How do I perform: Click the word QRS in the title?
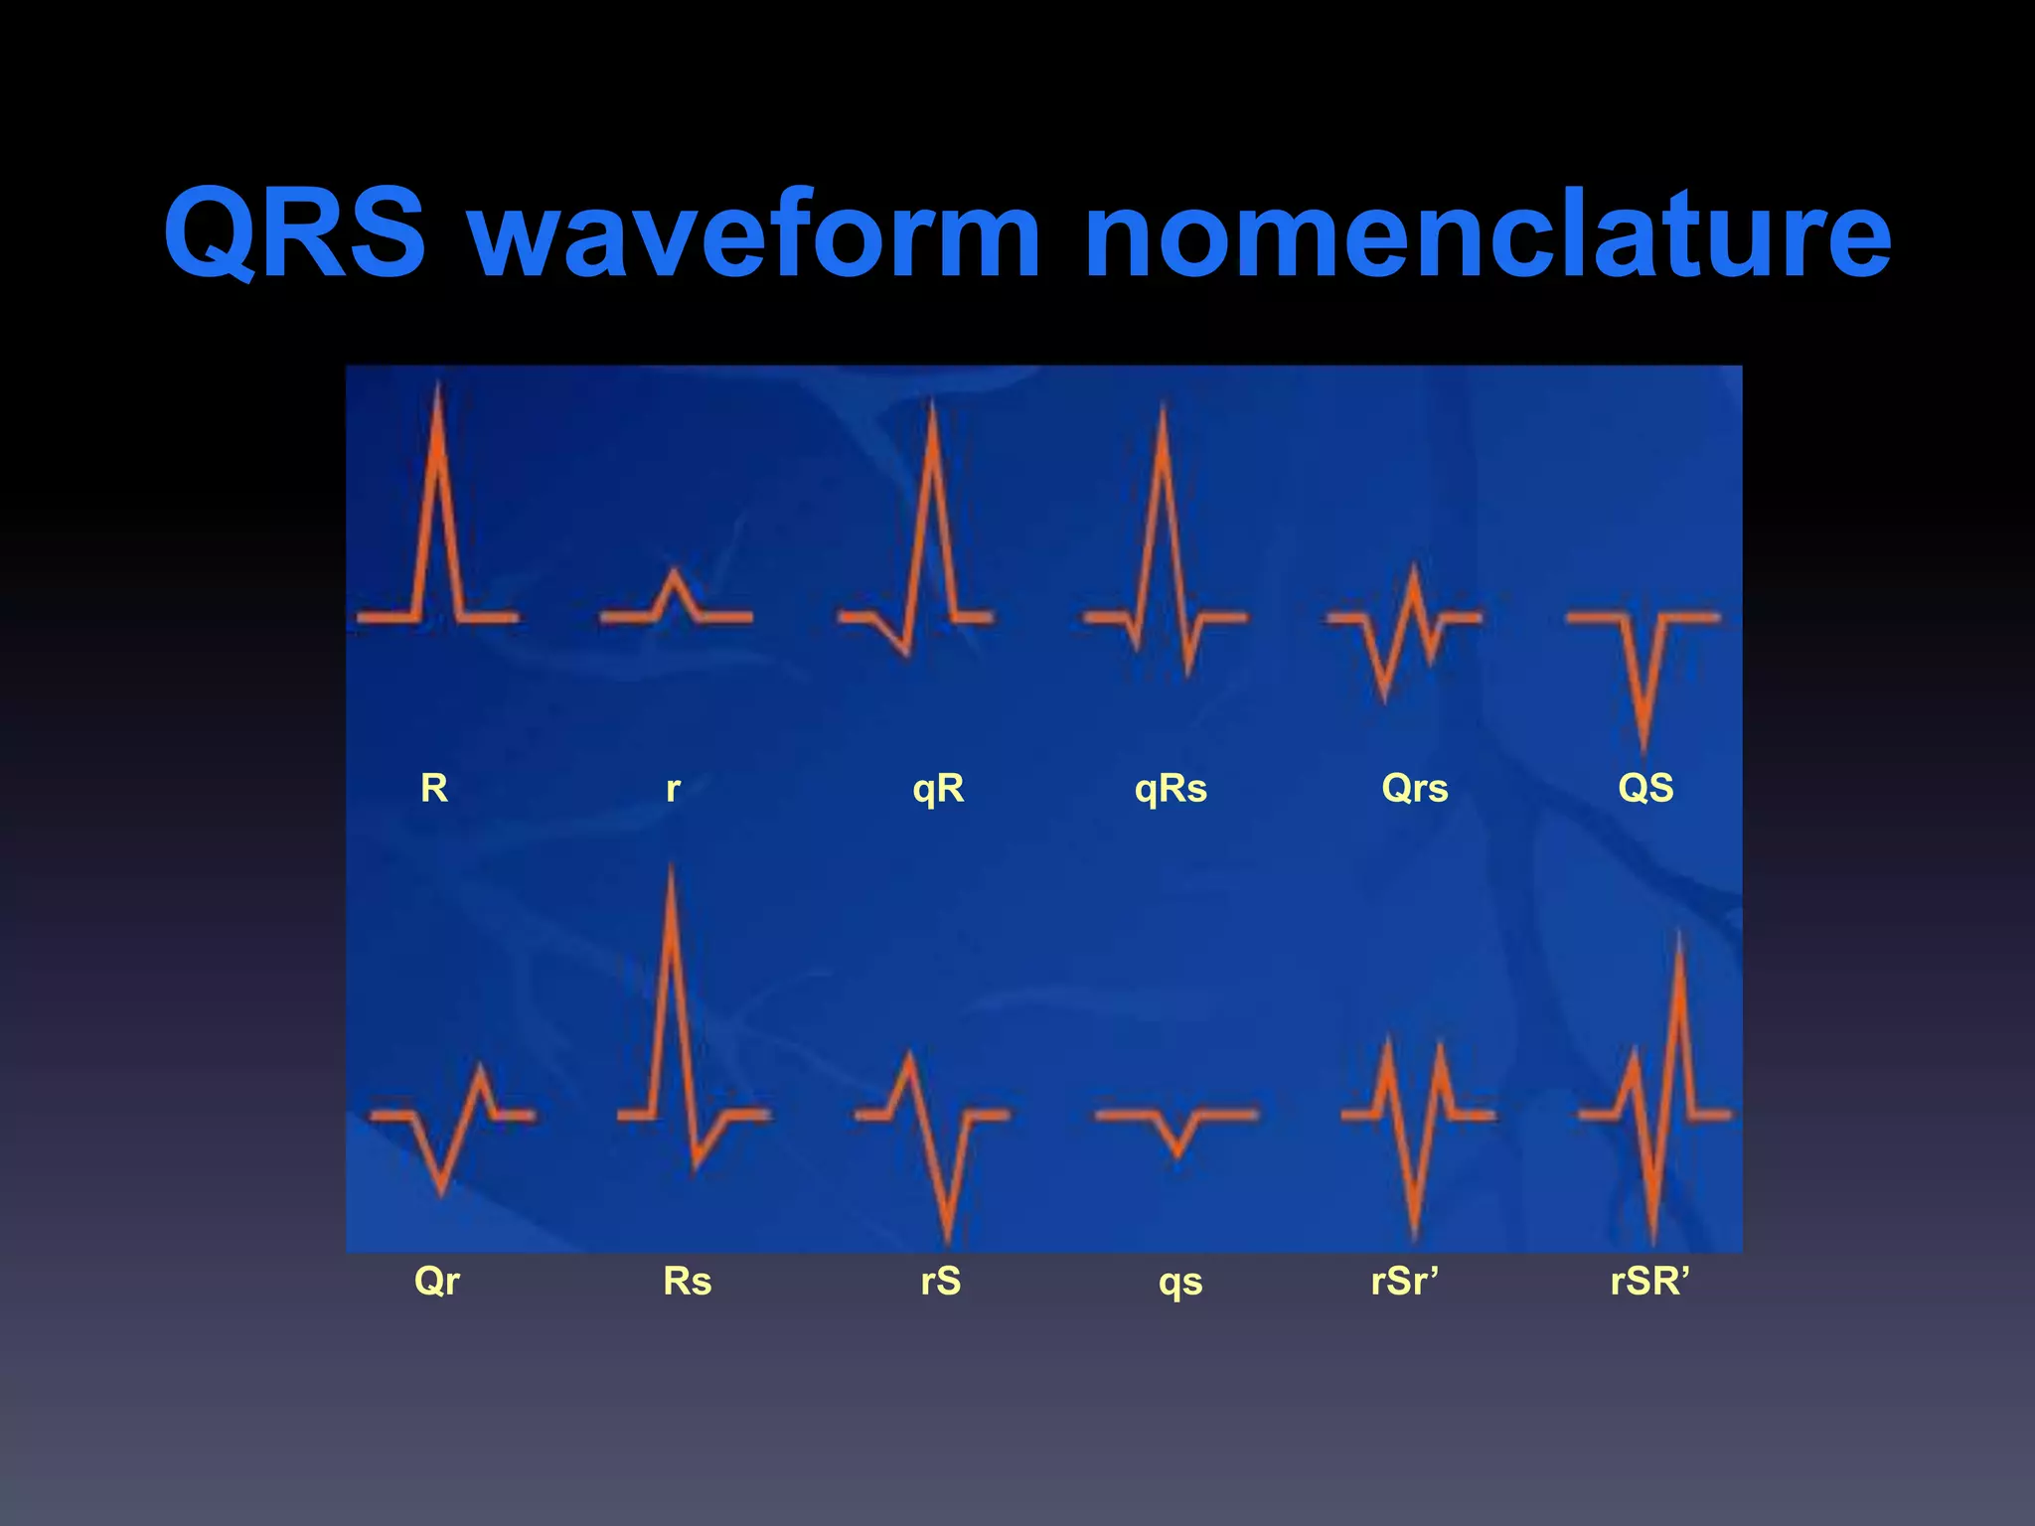pyautogui.click(x=295, y=233)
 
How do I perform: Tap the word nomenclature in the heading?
pyautogui.click(x=1487, y=233)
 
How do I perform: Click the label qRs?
pyautogui.click(x=1171, y=789)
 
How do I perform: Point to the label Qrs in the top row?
pyautogui.click(x=1414, y=789)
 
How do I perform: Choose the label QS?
pyautogui.click(x=1645, y=789)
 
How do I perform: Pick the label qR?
pyautogui.click(x=938, y=789)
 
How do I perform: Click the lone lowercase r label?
pyautogui.click(x=673, y=789)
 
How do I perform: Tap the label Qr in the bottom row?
pyautogui.click(x=436, y=1281)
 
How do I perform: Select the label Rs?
pyautogui.click(x=687, y=1281)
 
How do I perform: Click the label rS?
pyautogui.click(x=940, y=1281)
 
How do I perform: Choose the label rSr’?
pyautogui.click(x=1404, y=1281)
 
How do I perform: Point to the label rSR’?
pyautogui.click(x=1649, y=1281)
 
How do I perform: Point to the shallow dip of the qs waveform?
pyautogui.click(x=1177, y=1152)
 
